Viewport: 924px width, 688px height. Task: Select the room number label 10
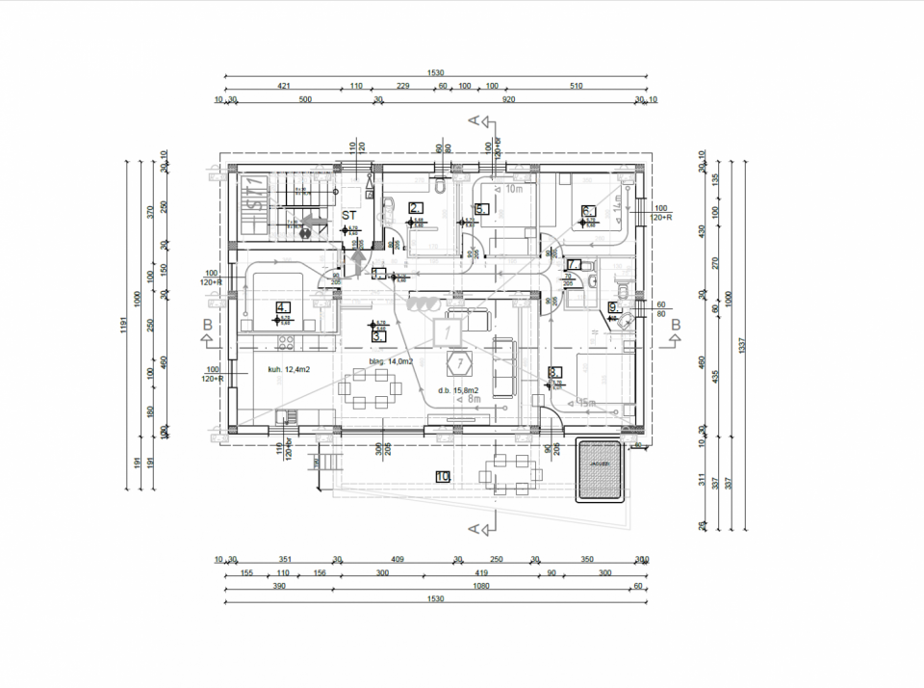pos(443,476)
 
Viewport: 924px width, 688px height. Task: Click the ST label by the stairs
pos(350,217)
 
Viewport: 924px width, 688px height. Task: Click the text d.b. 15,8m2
pos(458,390)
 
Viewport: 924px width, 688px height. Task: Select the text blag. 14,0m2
pos(392,362)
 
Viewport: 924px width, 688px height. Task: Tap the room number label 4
pos(282,307)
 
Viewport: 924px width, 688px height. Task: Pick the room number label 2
pos(415,207)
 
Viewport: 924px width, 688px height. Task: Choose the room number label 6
pos(588,210)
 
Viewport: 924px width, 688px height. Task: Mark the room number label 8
pos(553,372)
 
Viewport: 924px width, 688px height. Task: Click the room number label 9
pos(612,307)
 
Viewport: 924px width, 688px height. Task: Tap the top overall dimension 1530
pos(435,72)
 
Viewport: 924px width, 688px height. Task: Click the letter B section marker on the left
pos(207,326)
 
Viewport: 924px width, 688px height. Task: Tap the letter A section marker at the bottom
pos(473,528)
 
